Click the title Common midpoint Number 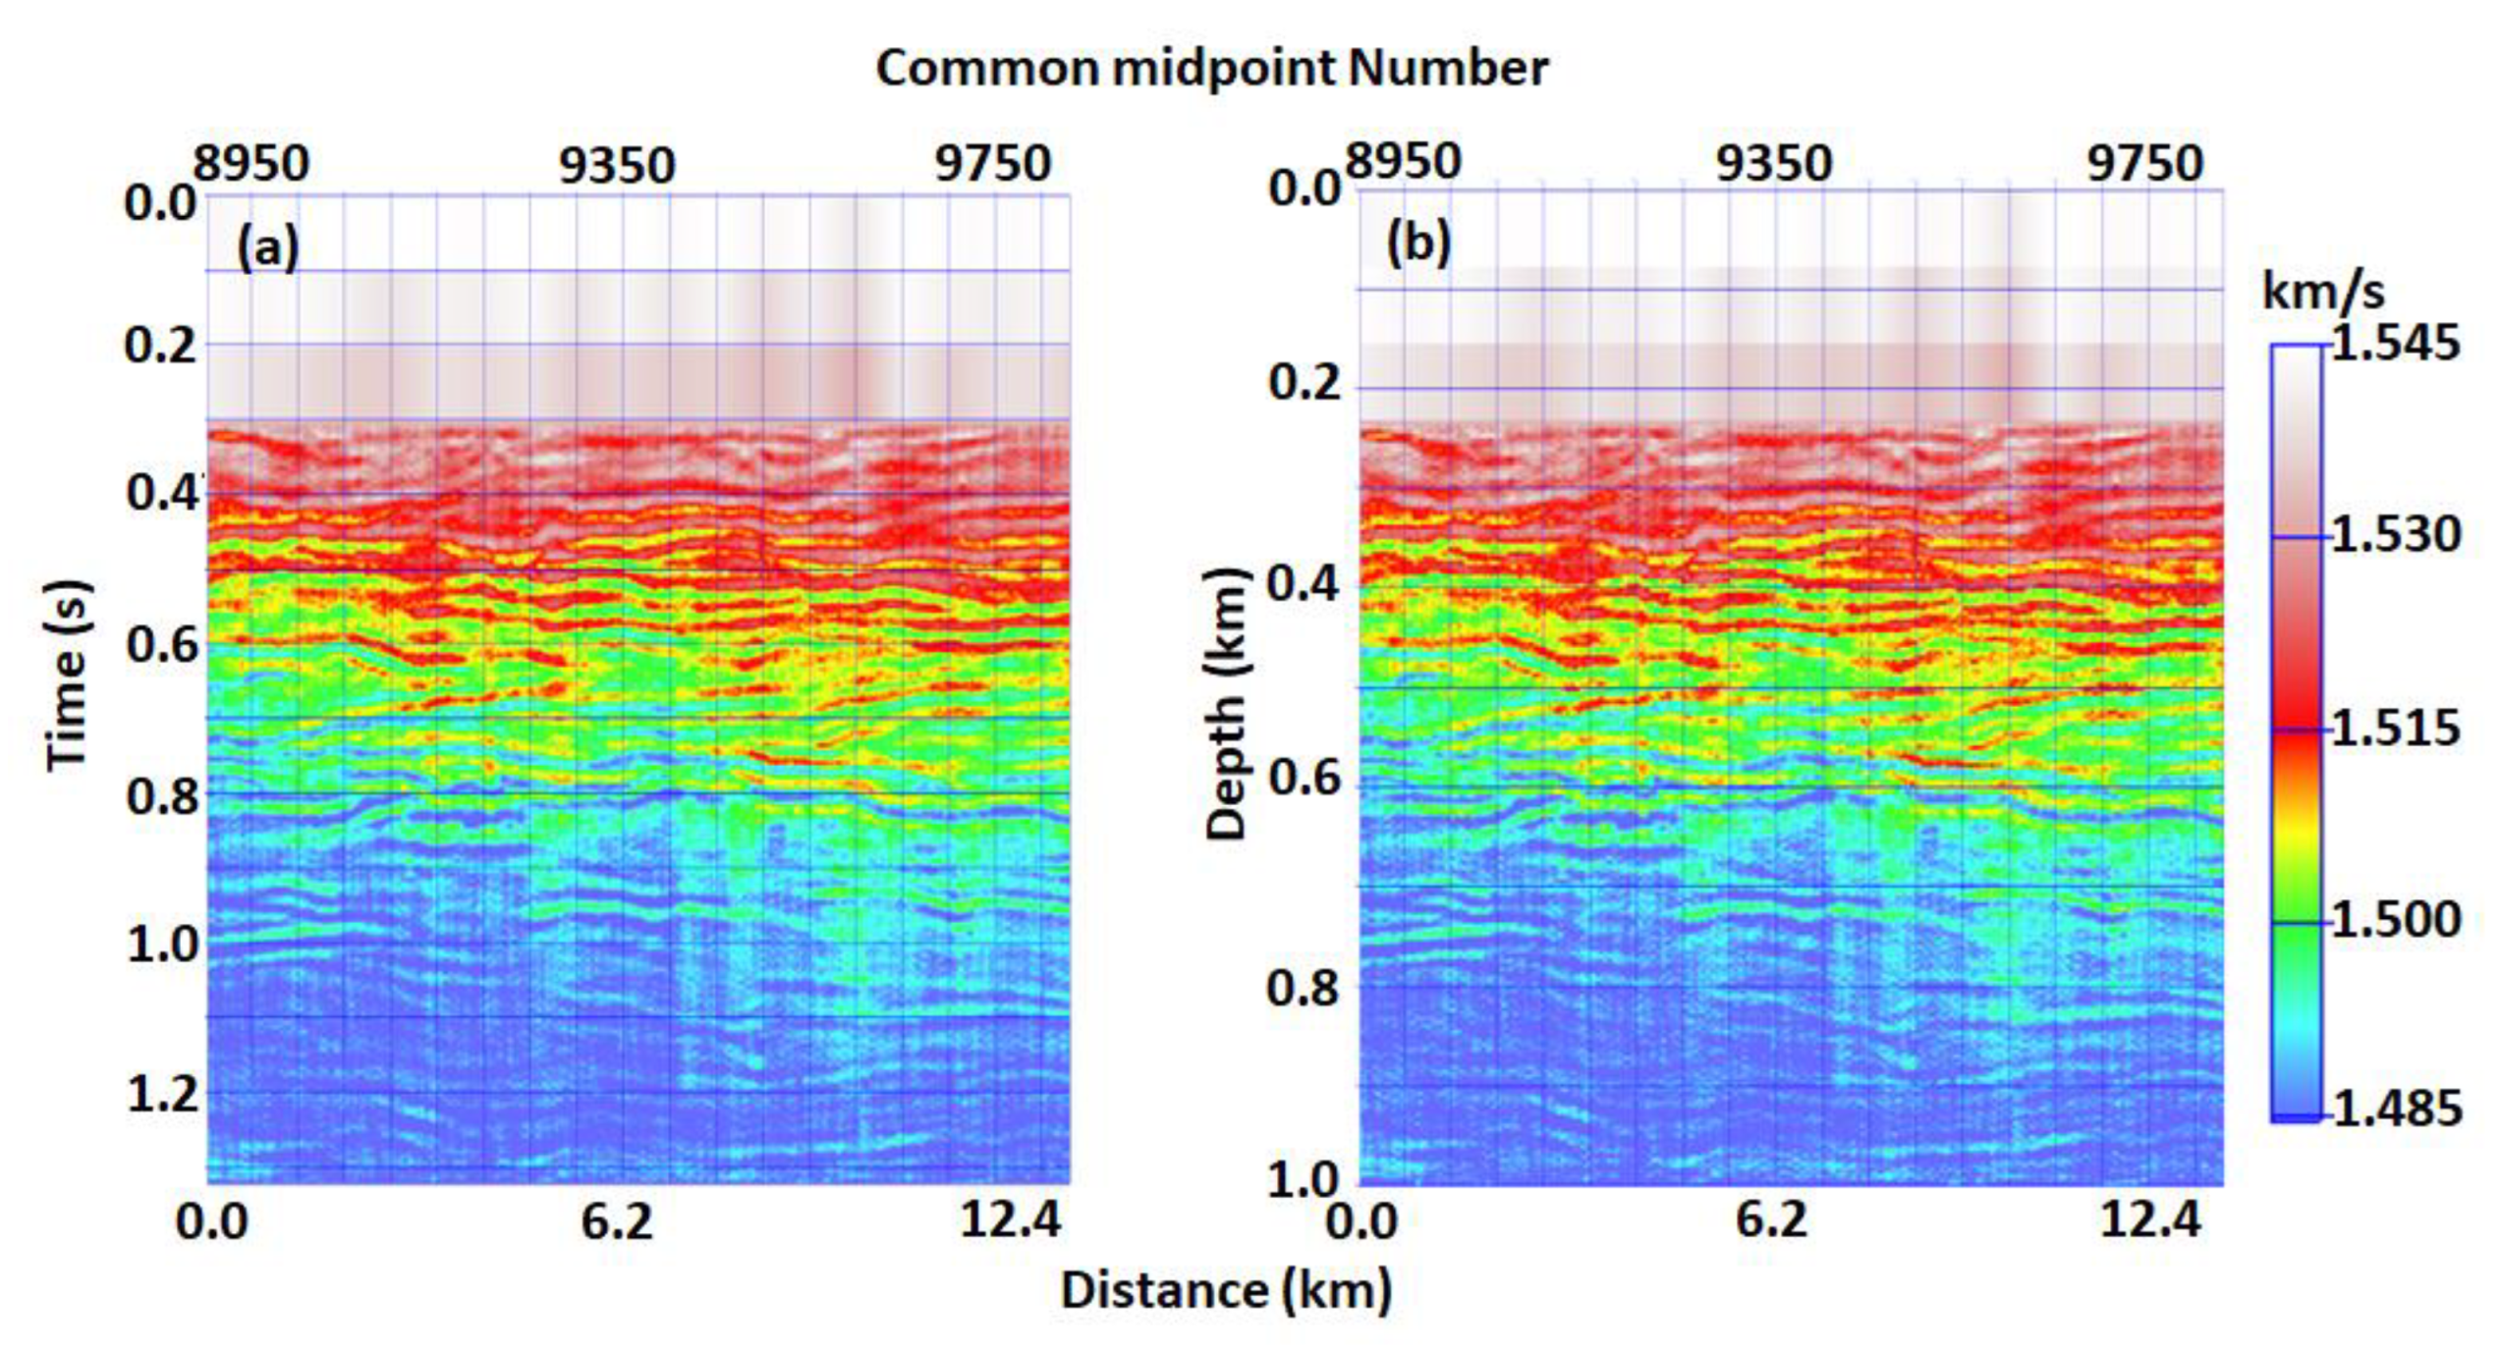pyautogui.click(x=1211, y=69)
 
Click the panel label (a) pyautogui.click(x=267, y=246)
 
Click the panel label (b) pyautogui.click(x=1417, y=242)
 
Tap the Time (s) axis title pyautogui.click(x=69, y=676)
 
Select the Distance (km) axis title pyautogui.click(x=1227, y=1289)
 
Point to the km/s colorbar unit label pyautogui.click(x=2323, y=291)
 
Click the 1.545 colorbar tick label pyautogui.click(x=2395, y=344)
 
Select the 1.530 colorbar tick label pyautogui.click(x=2395, y=535)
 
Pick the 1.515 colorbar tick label pyautogui.click(x=2395, y=729)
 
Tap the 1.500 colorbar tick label pyautogui.click(x=2395, y=920)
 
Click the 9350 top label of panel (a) pyautogui.click(x=617, y=165)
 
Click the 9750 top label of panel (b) pyautogui.click(x=2144, y=163)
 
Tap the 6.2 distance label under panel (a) pyautogui.click(x=617, y=1220)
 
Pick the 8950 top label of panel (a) pyautogui.click(x=251, y=163)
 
